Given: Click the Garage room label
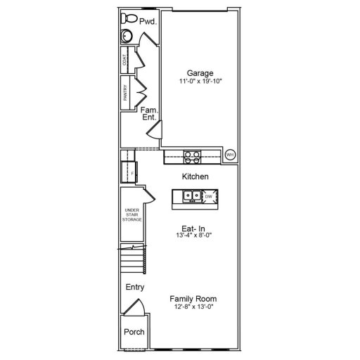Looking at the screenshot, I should [x=200, y=72].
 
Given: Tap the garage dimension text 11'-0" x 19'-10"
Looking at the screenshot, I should [x=200, y=82].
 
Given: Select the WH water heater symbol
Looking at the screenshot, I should [x=229, y=155].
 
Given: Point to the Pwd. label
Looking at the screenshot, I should [x=147, y=22].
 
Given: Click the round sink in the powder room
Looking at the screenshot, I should [x=127, y=37].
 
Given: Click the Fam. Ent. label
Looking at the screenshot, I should [x=148, y=114].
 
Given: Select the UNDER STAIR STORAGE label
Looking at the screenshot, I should [x=132, y=215].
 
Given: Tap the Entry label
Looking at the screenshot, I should [x=134, y=288].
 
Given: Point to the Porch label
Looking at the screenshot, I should [x=134, y=332].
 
